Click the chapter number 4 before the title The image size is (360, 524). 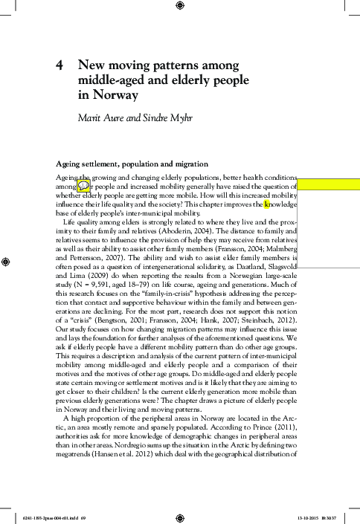tap(60, 65)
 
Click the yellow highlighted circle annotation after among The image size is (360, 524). tap(83, 187)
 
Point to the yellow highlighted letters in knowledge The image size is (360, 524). tap(268, 203)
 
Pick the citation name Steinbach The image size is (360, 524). tap(260, 311)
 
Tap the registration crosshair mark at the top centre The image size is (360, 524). tap(179, 7)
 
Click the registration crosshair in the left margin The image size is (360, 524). tap(7, 262)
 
